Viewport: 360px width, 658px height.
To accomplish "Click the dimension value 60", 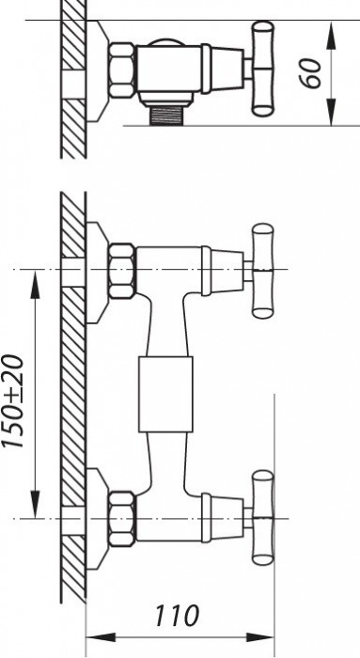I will pos(321,72).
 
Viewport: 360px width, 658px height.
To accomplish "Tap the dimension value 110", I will pos(179,617).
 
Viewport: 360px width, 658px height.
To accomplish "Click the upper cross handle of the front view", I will pos(262,272).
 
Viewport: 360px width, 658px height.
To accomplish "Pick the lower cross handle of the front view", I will pos(262,517).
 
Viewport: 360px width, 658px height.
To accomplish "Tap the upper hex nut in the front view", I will pos(121,271).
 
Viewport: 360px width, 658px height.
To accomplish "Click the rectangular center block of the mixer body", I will pos(165,395).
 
